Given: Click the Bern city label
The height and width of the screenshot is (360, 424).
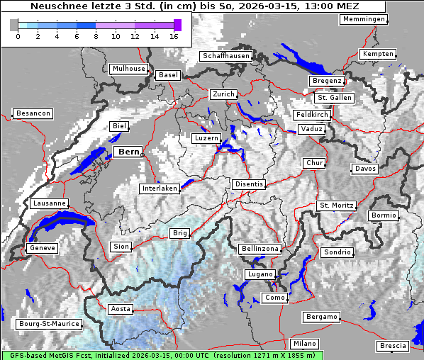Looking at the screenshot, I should tap(129, 152).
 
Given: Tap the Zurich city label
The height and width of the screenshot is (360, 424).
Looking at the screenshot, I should tap(223, 94).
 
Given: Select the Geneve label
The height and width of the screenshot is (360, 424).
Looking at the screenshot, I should tap(41, 248).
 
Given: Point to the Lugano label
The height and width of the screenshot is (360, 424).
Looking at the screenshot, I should tap(259, 274).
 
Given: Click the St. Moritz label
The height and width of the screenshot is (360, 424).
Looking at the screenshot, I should tap(336, 206).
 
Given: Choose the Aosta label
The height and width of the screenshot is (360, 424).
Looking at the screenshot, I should tap(121, 309).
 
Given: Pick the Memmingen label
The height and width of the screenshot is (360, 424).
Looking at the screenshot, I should tap(364, 19).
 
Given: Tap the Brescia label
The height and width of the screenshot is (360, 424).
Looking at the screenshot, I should tap(393, 346).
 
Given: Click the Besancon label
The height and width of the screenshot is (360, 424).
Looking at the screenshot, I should tap(33, 113).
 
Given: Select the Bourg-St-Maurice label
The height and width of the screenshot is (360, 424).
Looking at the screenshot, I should tap(49, 325).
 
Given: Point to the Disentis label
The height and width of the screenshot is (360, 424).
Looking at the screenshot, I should tap(249, 184).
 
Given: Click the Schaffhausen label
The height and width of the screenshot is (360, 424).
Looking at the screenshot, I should tap(225, 56).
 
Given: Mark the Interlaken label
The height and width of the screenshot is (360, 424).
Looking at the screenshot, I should tap(160, 189).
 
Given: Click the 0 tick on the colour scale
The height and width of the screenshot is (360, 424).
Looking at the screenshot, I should tap(18, 36).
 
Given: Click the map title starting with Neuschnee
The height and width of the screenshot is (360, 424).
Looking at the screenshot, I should tap(192, 6).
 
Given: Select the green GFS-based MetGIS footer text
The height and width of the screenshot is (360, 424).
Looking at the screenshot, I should tap(162, 355).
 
